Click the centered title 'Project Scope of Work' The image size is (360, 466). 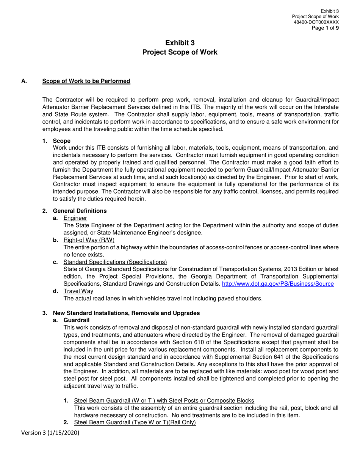(x=180, y=52)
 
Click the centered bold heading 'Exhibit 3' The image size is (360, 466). (x=180, y=43)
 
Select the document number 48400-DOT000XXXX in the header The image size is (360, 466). (x=316, y=22)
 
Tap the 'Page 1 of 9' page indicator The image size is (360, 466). (x=325, y=28)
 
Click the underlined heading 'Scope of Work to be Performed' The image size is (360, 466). (x=86, y=81)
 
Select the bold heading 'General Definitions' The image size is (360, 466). (x=80, y=211)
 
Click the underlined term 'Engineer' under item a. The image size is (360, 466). (x=75, y=218)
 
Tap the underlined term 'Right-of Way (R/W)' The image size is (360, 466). (x=89, y=240)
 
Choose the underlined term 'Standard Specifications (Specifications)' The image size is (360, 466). (x=115, y=262)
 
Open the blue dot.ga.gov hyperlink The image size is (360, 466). (x=277, y=284)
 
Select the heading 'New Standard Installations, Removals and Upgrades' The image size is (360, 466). (x=126, y=313)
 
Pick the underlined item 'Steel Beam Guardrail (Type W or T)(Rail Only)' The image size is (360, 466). (x=135, y=422)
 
